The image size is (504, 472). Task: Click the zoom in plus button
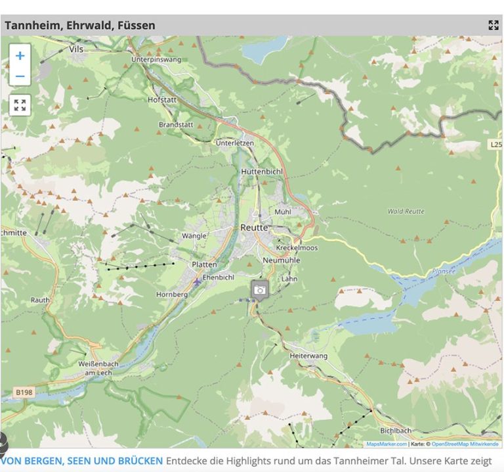[20, 56]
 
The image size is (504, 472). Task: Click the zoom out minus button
[20, 76]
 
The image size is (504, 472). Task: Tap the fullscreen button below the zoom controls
[20, 105]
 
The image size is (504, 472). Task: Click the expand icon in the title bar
[493, 26]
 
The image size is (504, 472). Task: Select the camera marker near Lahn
[260, 289]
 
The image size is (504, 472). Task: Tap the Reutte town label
[254, 227]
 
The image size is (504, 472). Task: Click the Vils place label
[75, 49]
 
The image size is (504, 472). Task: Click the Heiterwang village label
[308, 356]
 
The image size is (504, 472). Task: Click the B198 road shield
[24, 392]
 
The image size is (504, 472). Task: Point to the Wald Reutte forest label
[406, 211]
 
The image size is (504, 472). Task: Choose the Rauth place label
[40, 300]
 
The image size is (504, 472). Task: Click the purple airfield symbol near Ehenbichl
[197, 281]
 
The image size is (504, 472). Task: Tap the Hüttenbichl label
[260, 170]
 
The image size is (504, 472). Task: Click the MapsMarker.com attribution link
[387, 444]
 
